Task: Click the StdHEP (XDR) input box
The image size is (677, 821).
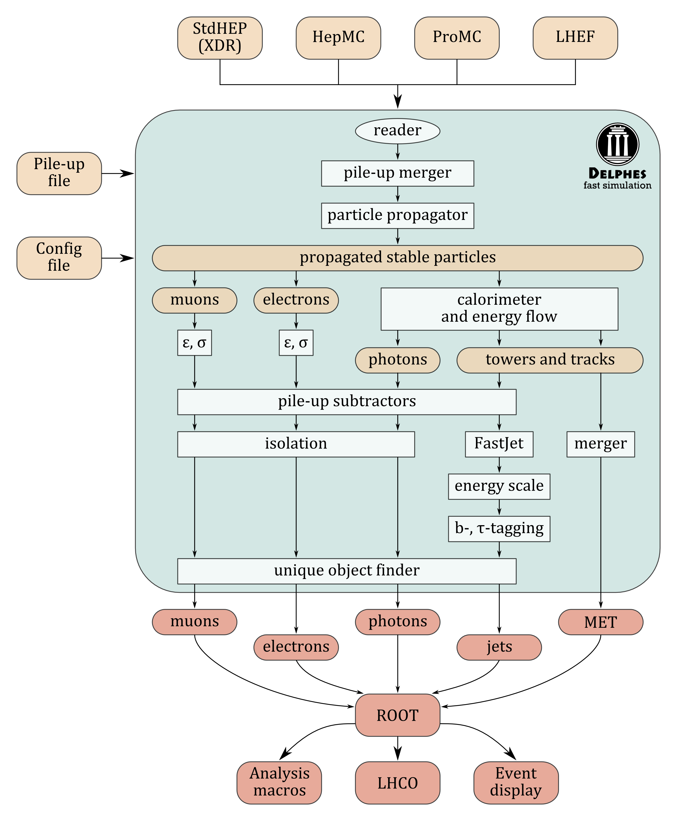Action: [220, 38]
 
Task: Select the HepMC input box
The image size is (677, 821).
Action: [339, 38]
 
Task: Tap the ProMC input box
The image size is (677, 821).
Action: [457, 38]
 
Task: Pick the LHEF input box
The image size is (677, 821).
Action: [576, 38]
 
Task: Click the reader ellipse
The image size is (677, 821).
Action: [398, 131]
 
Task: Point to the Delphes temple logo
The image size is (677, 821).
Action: [618, 144]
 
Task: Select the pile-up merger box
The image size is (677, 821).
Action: [398, 173]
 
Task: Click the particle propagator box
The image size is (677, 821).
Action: [398, 216]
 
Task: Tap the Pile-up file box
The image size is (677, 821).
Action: [59, 173]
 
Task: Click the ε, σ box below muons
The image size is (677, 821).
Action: [195, 343]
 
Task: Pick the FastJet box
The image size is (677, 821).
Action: [499, 444]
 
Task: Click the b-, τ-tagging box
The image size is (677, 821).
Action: [499, 529]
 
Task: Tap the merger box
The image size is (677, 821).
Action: [601, 444]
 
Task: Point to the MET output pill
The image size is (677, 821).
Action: [601, 622]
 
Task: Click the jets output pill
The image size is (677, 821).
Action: [499, 648]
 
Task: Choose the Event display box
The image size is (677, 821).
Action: [516, 783]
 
